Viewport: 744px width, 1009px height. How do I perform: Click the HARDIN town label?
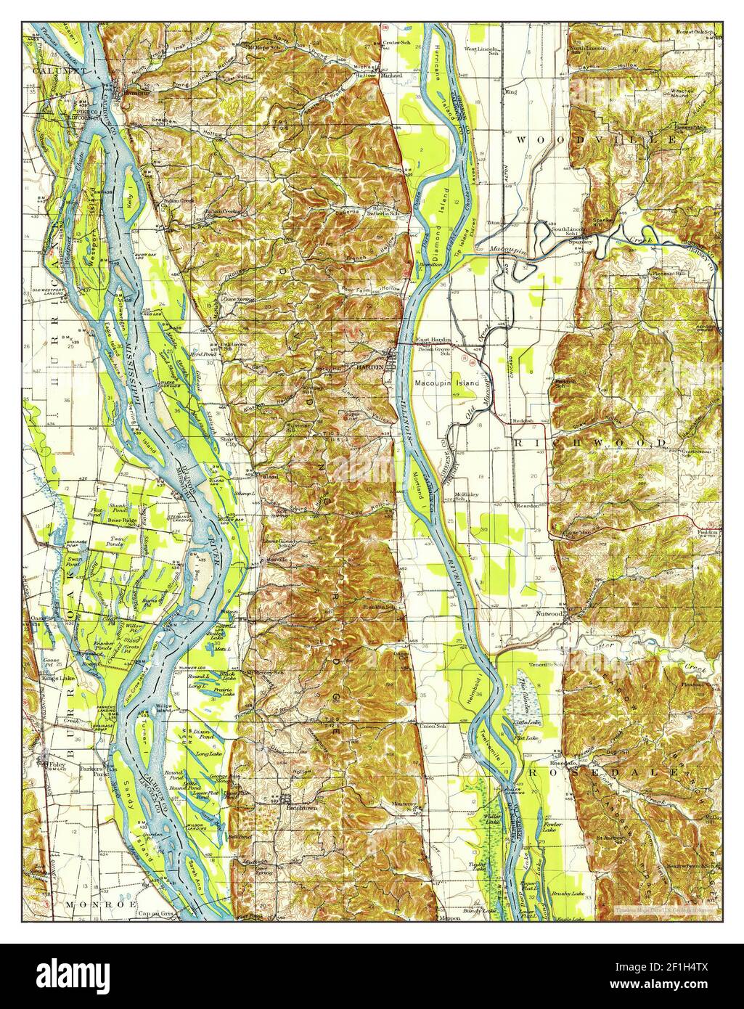[366, 369]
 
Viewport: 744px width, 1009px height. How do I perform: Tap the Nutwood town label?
[549, 613]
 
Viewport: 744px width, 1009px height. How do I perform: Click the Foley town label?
[53, 765]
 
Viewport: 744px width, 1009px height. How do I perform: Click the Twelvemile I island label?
[495, 748]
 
